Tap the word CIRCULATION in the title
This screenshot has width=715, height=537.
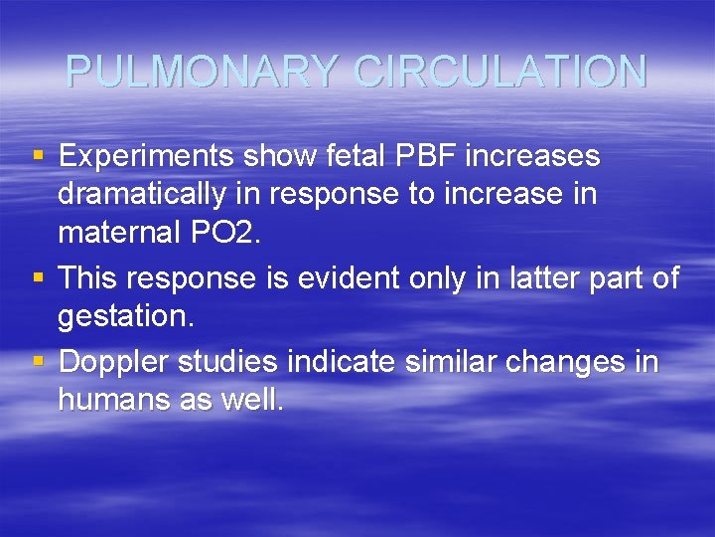click(500, 72)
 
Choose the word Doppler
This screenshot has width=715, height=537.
click(114, 361)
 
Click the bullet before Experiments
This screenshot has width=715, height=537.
click(38, 156)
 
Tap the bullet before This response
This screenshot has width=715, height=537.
click(38, 277)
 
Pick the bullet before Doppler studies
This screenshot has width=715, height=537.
click(38, 361)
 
